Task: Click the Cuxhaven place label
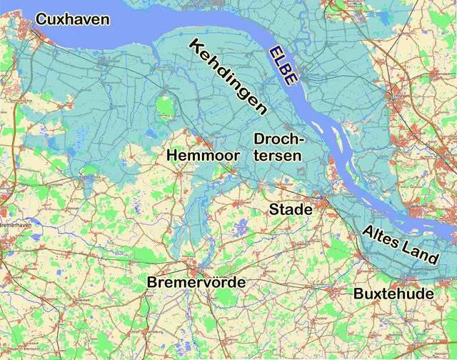point(73,19)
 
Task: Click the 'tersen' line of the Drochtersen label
point(278,155)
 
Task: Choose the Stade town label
point(291,209)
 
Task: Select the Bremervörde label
point(196,283)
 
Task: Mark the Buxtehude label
point(393,294)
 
